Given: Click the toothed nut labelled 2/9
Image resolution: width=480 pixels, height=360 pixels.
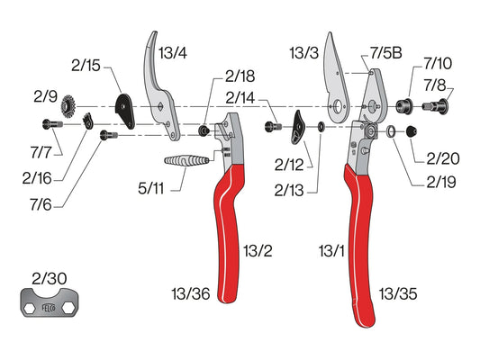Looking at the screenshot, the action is [68, 106].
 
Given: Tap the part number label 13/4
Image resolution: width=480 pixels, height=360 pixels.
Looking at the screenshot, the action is [173, 53].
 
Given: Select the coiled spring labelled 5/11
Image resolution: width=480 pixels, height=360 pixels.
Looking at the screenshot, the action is [186, 160].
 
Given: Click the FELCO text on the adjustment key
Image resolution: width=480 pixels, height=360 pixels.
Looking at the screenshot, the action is [49, 308].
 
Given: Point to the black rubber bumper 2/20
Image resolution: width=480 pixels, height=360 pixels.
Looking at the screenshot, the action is [412, 131].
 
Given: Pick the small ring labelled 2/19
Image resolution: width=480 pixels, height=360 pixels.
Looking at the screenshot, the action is [391, 131].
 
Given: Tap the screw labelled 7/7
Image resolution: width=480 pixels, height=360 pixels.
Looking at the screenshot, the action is [52, 124].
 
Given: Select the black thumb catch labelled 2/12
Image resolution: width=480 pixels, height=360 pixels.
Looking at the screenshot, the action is [298, 127].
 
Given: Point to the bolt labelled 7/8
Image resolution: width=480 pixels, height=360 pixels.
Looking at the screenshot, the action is [436, 106].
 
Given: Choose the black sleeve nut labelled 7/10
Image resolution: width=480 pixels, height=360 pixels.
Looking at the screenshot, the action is [404, 106].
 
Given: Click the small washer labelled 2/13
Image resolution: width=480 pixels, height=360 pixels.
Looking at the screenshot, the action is [322, 126].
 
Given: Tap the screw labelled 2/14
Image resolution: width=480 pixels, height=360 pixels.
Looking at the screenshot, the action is [273, 126].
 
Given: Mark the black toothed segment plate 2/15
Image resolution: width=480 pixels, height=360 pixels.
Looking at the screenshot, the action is [125, 111].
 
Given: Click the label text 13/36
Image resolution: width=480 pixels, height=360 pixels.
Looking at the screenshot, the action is [191, 294].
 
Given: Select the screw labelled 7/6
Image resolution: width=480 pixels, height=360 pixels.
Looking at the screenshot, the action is [109, 135].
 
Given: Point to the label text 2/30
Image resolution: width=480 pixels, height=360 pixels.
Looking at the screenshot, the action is [50, 279].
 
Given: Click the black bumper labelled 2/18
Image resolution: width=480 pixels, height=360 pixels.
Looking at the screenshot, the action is [204, 130].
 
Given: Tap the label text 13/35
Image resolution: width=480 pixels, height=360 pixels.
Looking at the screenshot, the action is [398, 294].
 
